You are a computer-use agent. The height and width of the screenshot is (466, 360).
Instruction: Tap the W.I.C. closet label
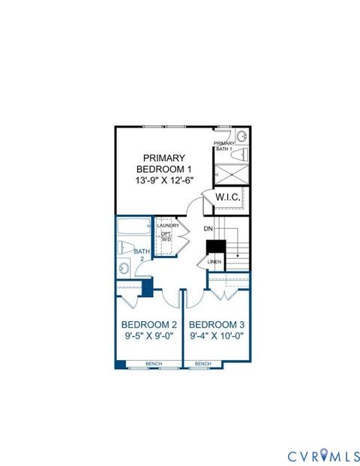coord(227,197)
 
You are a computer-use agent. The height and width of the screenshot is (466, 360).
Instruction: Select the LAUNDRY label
coord(167,225)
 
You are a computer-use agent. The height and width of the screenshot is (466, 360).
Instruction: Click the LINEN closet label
coord(213,262)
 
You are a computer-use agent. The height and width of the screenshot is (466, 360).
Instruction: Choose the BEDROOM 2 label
coord(148,324)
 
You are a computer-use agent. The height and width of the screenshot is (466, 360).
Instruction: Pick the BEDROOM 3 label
coord(217,324)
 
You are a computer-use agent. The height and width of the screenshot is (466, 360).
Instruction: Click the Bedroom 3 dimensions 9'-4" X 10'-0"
coord(217,336)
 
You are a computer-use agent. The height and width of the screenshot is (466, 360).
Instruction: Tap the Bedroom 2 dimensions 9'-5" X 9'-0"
coord(148,336)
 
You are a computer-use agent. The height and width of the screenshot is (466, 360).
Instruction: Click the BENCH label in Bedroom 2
coord(154,364)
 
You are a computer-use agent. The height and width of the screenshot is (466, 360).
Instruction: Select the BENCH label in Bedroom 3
coord(202,364)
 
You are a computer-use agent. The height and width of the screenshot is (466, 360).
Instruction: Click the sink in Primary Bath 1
coord(241,137)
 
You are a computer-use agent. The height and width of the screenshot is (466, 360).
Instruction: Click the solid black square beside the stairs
coord(216,246)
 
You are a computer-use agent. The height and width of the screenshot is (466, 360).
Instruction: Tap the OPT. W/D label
coord(166,236)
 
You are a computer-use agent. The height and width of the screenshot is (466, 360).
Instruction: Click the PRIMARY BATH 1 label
coord(223,146)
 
